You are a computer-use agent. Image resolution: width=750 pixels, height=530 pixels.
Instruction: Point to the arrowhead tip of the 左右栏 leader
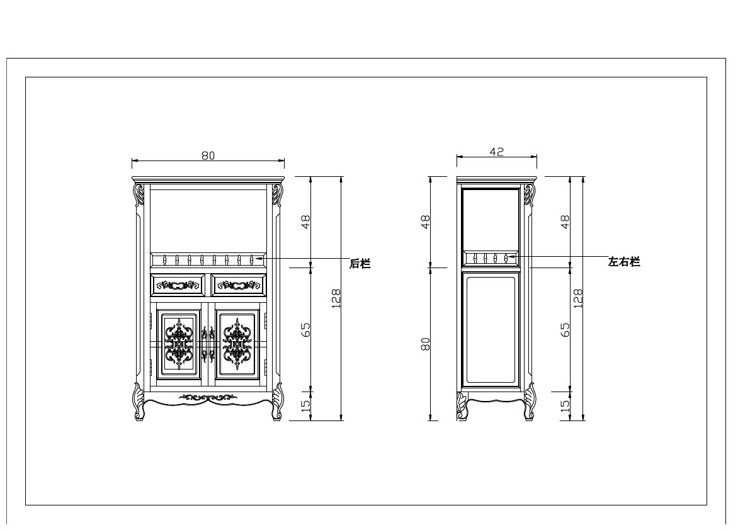point(508,257)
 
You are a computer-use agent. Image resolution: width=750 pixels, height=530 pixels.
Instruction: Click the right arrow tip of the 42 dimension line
point(537,156)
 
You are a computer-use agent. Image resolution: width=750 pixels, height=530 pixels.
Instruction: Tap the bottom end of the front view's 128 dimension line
point(341,420)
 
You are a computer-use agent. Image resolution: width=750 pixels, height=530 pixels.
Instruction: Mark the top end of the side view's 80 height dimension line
point(431,268)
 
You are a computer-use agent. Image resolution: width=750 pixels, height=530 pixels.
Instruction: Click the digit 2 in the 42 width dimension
point(501,152)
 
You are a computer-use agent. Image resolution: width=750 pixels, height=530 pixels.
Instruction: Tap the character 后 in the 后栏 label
point(355,264)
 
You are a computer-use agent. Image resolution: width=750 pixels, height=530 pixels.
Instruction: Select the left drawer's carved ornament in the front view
point(178,285)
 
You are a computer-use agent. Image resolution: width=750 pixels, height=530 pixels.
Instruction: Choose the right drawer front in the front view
point(239,285)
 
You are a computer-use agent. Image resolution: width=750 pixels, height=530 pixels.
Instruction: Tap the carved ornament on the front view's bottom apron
point(208,397)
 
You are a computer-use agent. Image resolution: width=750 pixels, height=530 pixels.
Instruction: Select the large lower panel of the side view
point(492,330)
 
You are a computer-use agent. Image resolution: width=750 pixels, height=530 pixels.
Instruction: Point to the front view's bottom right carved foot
point(277,402)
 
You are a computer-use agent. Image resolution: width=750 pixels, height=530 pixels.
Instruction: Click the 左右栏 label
point(623,262)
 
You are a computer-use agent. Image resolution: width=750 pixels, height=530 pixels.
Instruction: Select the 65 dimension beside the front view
point(305,330)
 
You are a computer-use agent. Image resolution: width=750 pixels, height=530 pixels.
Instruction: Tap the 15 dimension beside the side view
point(565,404)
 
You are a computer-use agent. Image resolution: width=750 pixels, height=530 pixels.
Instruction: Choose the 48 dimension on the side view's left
point(425,222)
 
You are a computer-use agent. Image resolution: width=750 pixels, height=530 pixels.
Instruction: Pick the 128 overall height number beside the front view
point(336,299)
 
